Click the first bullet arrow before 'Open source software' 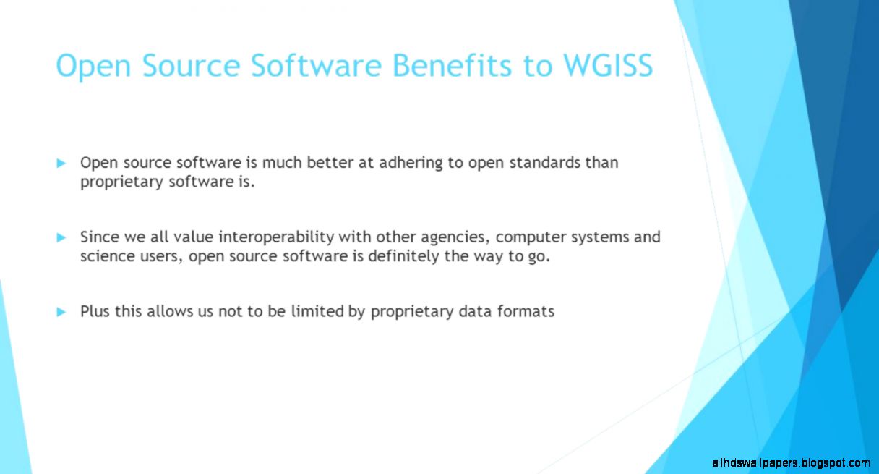(61, 163)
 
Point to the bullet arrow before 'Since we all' (61, 237)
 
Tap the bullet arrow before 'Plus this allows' (61, 312)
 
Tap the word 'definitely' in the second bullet (403, 256)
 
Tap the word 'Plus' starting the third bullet (95, 312)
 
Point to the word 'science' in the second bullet (106, 256)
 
